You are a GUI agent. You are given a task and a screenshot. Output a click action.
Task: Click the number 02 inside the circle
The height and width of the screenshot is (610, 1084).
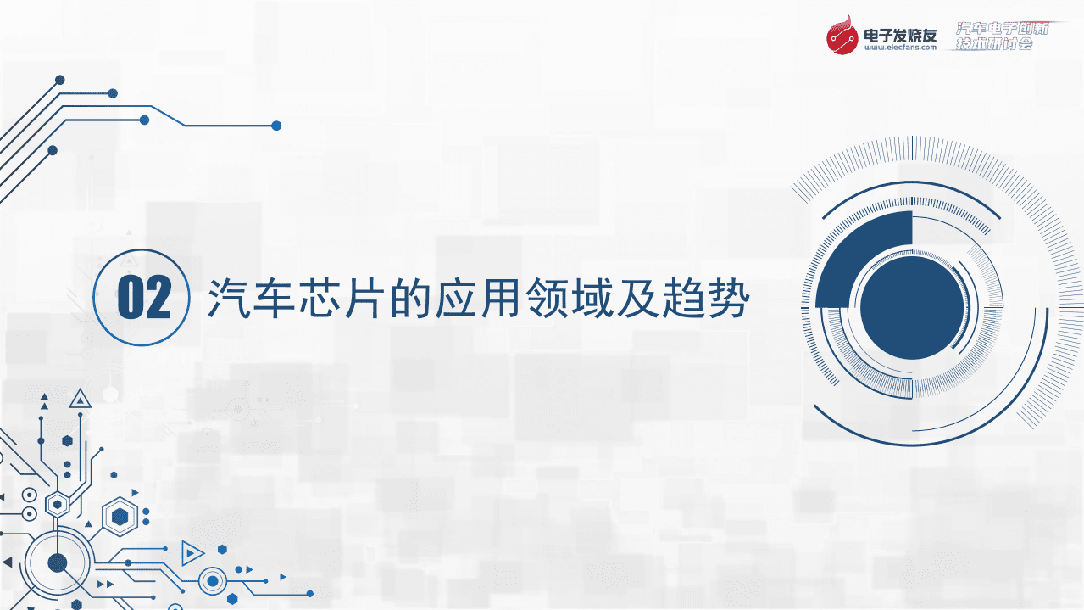(144, 297)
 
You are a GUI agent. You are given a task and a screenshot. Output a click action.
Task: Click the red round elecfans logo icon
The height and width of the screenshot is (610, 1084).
(843, 36)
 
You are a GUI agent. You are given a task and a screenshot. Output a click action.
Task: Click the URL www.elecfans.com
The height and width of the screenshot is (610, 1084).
(900, 49)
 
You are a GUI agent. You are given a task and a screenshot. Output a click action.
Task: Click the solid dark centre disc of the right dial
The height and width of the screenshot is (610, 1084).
(912, 306)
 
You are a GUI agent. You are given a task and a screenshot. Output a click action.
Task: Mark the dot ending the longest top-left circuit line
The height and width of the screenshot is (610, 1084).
(275, 126)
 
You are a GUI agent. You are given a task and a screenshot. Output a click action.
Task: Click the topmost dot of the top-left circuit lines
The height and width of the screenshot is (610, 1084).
(60, 80)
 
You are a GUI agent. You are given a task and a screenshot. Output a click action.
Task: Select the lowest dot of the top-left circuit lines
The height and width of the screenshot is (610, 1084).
(53, 150)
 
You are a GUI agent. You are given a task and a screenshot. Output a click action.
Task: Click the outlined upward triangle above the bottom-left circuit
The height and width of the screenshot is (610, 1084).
(81, 398)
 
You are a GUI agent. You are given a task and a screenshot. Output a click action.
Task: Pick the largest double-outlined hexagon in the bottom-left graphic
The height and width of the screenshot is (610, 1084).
(120, 515)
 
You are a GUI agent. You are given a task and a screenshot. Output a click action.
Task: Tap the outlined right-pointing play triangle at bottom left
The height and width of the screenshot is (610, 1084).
(192, 553)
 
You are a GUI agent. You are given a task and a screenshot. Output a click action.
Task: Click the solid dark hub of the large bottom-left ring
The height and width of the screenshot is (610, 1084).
(58, 562)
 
